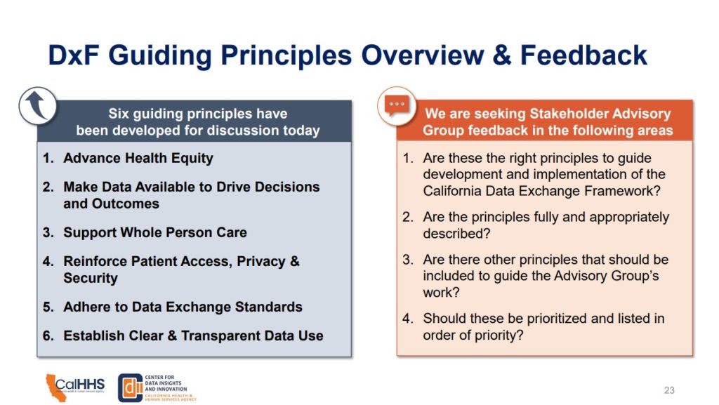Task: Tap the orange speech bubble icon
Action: tap(397, 105)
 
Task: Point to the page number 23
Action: tap(669, 390)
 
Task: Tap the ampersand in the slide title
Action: tap(502, 55)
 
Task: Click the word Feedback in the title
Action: tap(583, 55)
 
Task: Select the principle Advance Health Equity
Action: tap(138, 158)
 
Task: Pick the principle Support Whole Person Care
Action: tap(155, 232)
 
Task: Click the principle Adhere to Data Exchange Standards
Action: tap(183, 307)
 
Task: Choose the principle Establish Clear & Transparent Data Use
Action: tap(193, 336)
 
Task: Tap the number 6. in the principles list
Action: tap(48, 336)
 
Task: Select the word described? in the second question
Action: tap(456, 233)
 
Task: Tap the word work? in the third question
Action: tap(441, 292)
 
